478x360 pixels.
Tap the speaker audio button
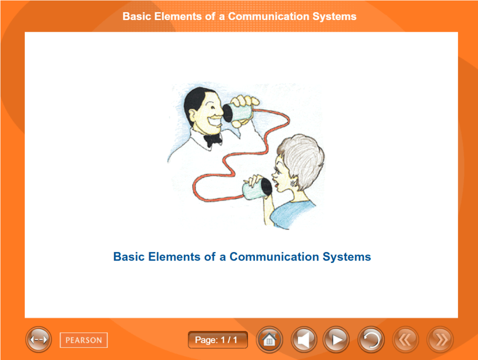tap(304, 339)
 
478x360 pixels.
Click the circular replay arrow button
tap(371, 339)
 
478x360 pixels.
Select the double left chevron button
tap(405, 339)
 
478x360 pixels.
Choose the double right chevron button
tap(440, 339)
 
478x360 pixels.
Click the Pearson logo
tap(84, 340)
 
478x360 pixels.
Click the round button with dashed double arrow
tap(38, 339)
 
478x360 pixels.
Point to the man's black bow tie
tap(213, 140)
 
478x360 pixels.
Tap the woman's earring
tap(294, 184)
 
